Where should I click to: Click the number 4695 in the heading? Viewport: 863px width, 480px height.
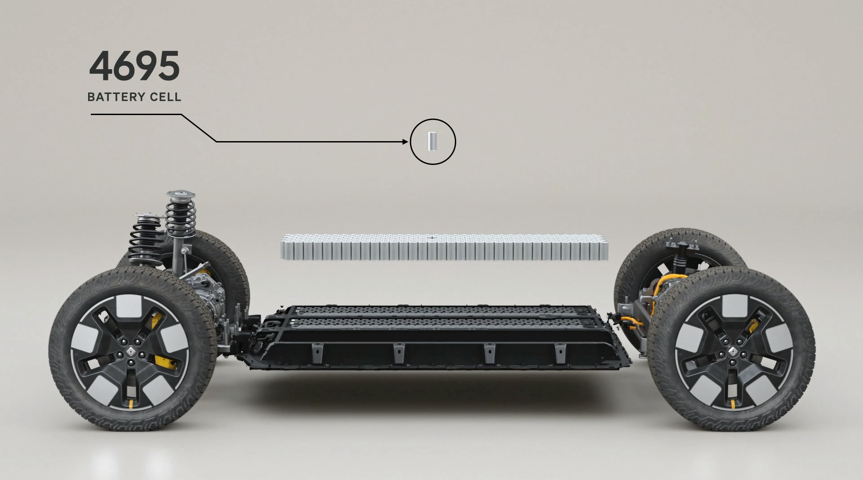[x=134, y=66]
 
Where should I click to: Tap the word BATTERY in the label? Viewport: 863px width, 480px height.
[x=116, y=97]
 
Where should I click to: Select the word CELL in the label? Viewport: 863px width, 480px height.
[x=165, y=97]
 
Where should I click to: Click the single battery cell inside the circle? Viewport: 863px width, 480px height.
[x=432, y=142]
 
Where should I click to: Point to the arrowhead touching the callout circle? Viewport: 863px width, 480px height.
[x=406, y=142]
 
